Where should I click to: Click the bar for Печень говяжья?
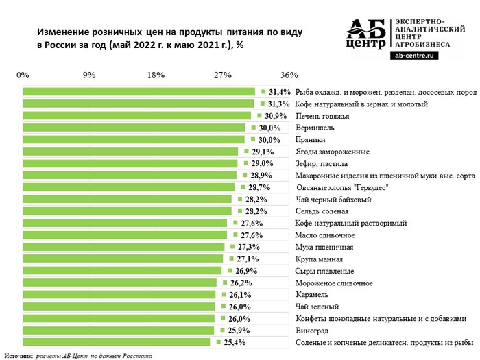pyautogui.click(x=137, y=115)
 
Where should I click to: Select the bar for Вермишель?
pyautogui.click(x=134, y=128)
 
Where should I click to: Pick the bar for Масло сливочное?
pyautogui.click(x=125, y=235)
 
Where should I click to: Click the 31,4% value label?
pyautogui.click(x=280, y=91)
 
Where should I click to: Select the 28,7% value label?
pyautogui.click(x=259, y=187)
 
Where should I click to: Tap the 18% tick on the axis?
pyautogui.click(x=156, y=75)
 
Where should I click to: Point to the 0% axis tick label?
pyautogui.click(x=23, y=75)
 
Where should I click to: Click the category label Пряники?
pyautogui.click(x=309, y=139)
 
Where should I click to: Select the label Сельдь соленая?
pyautogui.click(x=322, y=211)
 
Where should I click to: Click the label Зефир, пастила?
pyautogui.click(x=321, y=163)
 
